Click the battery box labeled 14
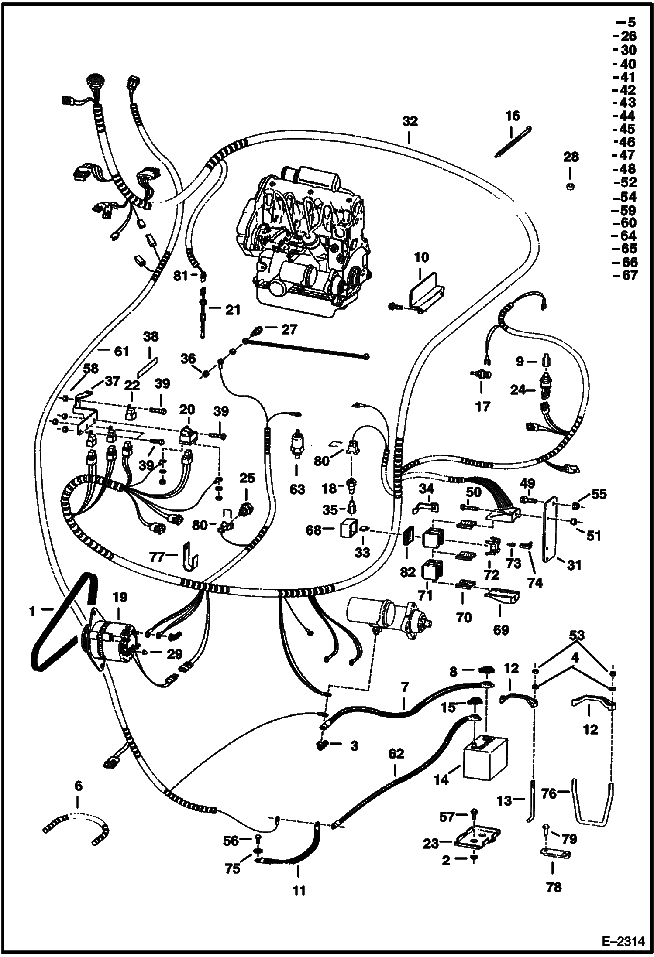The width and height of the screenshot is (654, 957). (x=485, y=759)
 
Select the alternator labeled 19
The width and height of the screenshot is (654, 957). (x=111, y=641)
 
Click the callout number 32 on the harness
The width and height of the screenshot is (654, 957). (x=410, y=122)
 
